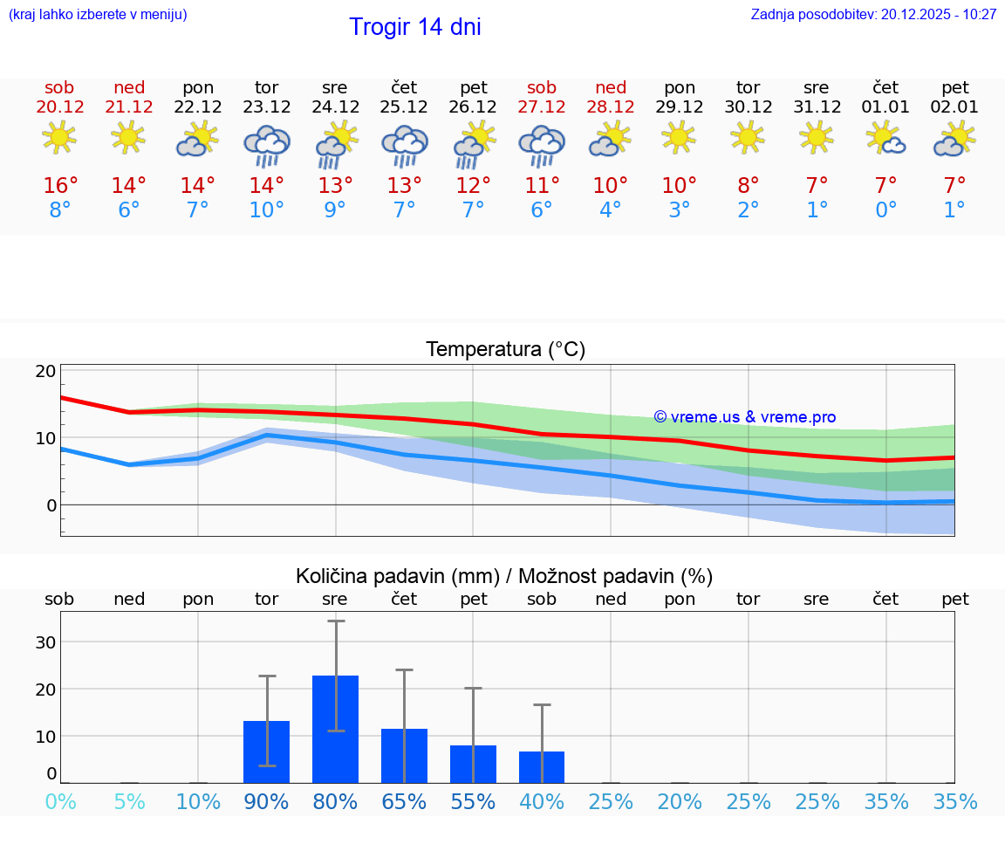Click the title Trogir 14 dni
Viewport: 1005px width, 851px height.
click(414, 27)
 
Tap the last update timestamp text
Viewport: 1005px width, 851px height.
click(873, 14)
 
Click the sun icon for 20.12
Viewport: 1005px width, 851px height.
click(59, 138)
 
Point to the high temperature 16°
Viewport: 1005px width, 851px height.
click(60, 186)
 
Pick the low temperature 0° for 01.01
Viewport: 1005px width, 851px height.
click(885, 210)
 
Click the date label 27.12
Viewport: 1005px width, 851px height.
click(542, 107)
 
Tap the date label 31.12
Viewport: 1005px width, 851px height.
click(817, 107)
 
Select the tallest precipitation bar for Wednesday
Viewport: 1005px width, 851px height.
click(335, 729)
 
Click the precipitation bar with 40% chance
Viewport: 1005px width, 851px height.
click(542, 766)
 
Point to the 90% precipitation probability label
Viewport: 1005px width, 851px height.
click(266, 802)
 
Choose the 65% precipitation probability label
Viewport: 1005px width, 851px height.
click(404, 802)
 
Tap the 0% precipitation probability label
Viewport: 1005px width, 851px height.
click(60, 802)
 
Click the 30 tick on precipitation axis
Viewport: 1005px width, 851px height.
click(44, 642)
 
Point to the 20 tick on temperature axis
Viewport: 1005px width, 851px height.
click(45, 371)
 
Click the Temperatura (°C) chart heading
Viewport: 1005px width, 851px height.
click(505, 350)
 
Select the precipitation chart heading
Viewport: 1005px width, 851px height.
click(504, 576)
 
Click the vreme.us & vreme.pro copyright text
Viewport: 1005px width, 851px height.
click(745, 417)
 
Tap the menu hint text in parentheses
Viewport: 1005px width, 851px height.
click(98, 14)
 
